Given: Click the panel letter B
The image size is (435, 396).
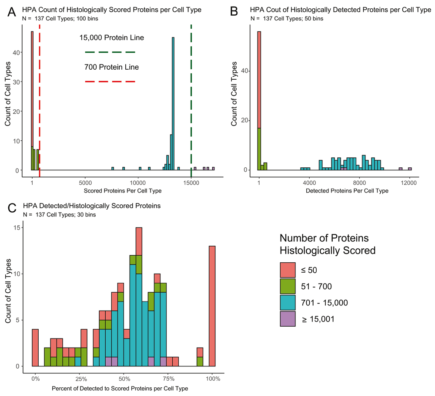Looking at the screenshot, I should [234, 12].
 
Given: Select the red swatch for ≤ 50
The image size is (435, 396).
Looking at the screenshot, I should [287, 270].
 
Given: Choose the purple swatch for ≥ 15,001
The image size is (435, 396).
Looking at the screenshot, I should [287, 319].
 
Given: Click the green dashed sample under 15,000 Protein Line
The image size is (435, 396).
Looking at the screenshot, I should [110, 52].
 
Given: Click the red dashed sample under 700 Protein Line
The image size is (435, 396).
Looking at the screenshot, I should [110, 81].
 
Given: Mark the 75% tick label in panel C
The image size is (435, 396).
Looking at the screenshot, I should [168, 378].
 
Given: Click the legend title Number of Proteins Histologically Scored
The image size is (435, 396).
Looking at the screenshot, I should [328, 244].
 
